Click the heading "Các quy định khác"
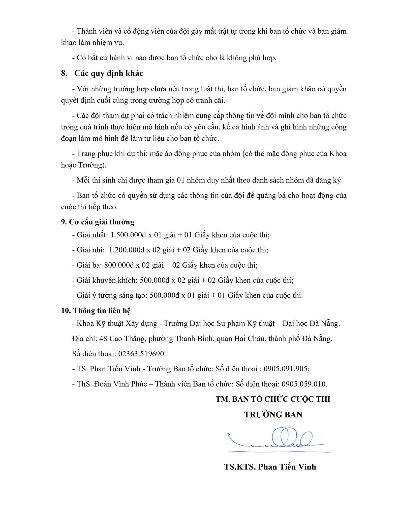click(109, 73)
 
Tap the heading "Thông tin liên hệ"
click(102, 310)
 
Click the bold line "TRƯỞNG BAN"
click(273, 415)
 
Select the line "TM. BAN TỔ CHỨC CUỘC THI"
click(273, 399)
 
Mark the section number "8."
click(64, 73)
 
